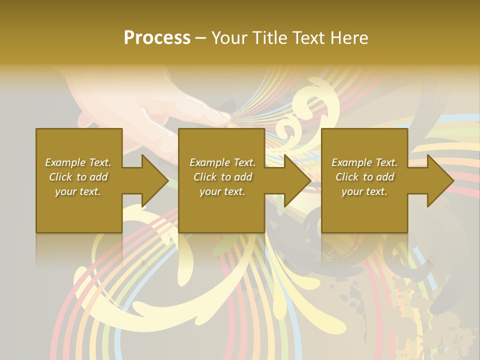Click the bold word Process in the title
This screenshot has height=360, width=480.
pos(157,38)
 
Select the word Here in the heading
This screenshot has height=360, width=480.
pos(349,38)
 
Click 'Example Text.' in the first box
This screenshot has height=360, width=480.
pos(78,162)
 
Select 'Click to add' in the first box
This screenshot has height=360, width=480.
pos(78,177)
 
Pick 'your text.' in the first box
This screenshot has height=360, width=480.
pos(78,191)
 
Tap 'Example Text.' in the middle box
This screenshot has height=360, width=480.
pos(222,162)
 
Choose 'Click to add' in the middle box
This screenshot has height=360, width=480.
pos(222,177)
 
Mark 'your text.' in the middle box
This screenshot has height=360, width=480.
pos(222,191)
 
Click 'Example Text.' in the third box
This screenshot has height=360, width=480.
pos(364,162)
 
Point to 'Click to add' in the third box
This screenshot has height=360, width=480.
pos(364,177)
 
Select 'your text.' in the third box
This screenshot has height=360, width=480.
pos(364,191)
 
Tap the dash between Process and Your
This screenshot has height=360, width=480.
pos(200,38)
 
